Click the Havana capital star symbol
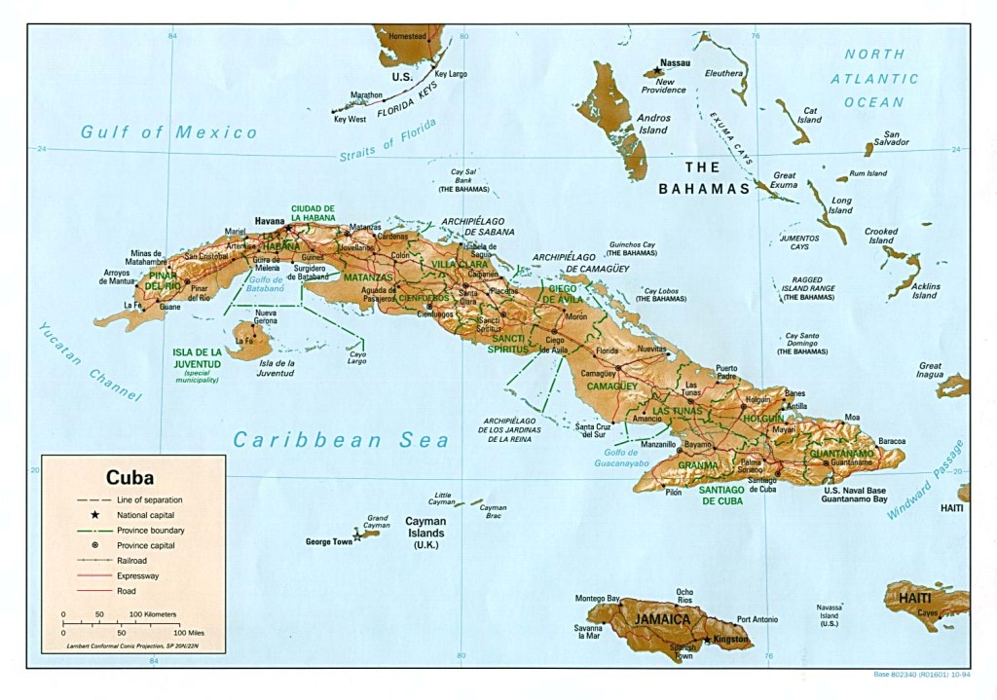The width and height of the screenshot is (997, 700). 287,227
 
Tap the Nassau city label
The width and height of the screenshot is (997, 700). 675,63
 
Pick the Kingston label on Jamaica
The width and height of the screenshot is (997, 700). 731,640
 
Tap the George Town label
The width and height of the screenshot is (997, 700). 328,541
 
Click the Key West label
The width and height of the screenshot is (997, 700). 350,119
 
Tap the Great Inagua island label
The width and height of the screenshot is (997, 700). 930,371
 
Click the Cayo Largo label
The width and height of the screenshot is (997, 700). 357,358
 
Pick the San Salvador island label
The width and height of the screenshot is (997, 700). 891,138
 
